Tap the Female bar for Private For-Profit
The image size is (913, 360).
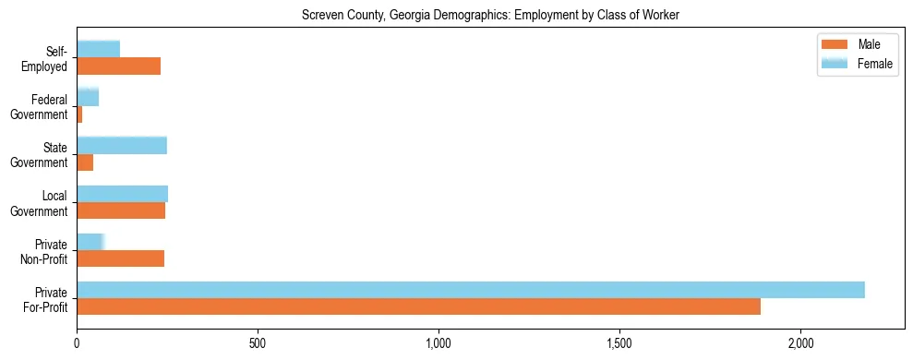471,290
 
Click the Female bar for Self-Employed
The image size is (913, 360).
98,49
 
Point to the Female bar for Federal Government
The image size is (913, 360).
88,97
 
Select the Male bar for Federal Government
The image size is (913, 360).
79,114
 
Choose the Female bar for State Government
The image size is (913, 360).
122,145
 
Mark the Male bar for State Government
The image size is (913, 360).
85,162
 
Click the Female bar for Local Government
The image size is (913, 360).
122,193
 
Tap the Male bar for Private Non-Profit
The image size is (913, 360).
120,258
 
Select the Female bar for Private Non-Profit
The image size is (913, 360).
90,242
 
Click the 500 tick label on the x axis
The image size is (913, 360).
258,343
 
